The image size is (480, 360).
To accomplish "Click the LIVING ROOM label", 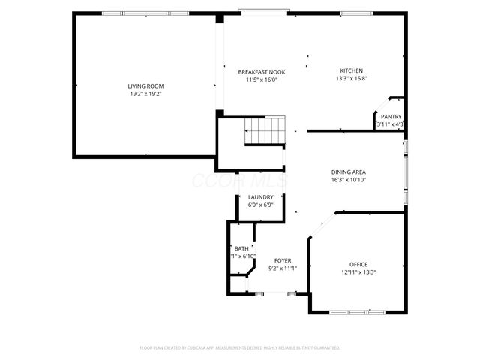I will click(145, 86).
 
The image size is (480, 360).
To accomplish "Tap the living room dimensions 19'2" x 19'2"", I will click(145, 94).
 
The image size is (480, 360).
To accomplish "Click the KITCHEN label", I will click(351, 70).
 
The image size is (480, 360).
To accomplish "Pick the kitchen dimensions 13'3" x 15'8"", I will click(351, 78).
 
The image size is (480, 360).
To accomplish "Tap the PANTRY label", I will click(391, 116).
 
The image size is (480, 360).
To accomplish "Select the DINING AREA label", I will click(348, 172).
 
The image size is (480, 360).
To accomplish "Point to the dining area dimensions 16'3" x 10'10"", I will click(348, 180).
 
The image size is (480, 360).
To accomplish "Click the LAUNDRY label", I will click(260, 197).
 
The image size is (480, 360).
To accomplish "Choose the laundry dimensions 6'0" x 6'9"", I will click(260, 205).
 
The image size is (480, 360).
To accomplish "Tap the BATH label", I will click(241, 248).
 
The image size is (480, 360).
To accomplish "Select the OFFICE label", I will click(358, 264).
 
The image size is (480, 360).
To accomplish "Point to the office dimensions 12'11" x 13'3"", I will click(358, 271).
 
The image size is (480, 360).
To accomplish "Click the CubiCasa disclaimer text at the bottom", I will click(240, 347).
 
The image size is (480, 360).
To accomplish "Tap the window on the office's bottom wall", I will click(358, 311).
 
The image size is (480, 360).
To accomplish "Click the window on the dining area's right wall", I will click(406, 174).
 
